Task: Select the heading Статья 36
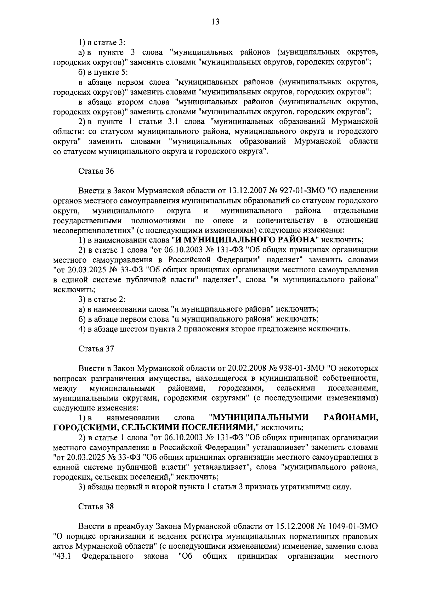click(96, 171)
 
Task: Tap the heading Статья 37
click(96, 348)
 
